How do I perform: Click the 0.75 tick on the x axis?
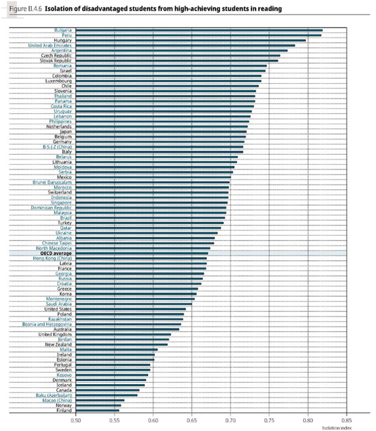coord(269,419)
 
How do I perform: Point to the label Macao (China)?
coord(56,400)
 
